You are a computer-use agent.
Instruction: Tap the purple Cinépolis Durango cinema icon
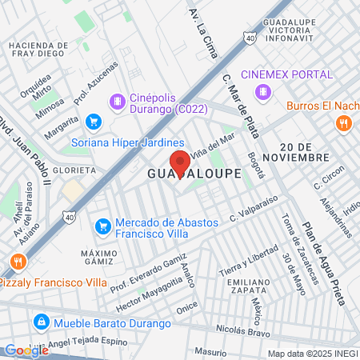coord(118,101)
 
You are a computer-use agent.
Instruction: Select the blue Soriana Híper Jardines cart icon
coord(94,122)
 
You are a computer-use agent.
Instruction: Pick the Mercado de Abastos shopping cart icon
coord(102,227)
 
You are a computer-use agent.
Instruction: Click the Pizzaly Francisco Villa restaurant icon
coord(15,262)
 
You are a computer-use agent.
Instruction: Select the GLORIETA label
coord(76,170)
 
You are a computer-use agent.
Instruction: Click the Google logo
coord(26,350)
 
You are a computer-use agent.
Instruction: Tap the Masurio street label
coord(211,350)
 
